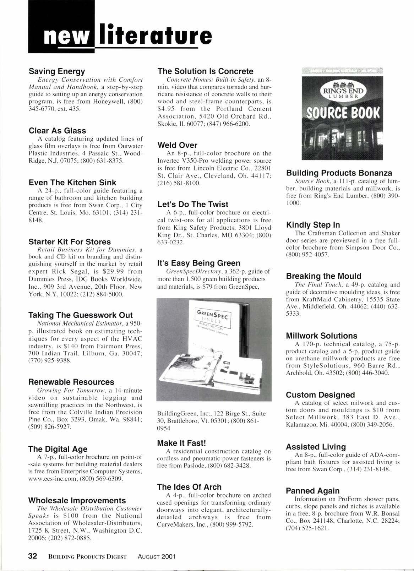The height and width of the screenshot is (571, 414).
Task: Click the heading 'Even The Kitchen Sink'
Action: pyautogui.click(x=72, y=183)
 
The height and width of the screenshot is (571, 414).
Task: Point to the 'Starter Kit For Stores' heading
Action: pyautogui.click(x=70, y=242)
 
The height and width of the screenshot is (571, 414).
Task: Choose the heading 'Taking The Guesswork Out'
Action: pyautogui.click(x=80, y=315)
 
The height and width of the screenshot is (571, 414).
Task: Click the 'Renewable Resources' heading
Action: pyautogui.click(x=71, y=382)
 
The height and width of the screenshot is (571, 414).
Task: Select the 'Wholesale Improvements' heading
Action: pyautogui.click(x=77, y=500)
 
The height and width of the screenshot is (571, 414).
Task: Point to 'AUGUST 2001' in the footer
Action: pyautogui.click(x=157, y=557)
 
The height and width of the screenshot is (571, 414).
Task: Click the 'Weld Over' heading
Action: pyautogui.click(x=177, y=145)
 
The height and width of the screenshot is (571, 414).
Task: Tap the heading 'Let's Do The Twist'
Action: pyautogui.click(x=192, y=204)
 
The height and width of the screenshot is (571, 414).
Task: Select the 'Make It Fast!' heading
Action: pyautogui.click(x=181, y=443)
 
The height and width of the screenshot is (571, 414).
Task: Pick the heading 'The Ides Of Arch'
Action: pyautogui.click(x=189, y=487)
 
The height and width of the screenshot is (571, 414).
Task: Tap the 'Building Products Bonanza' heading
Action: pyautogui.click(x=339, y=173)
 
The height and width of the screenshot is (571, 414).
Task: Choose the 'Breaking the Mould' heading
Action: pyautogui.click(x=323, y=276)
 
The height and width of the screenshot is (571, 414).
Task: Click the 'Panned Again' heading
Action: pyautogui.click(x=312, y=491)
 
